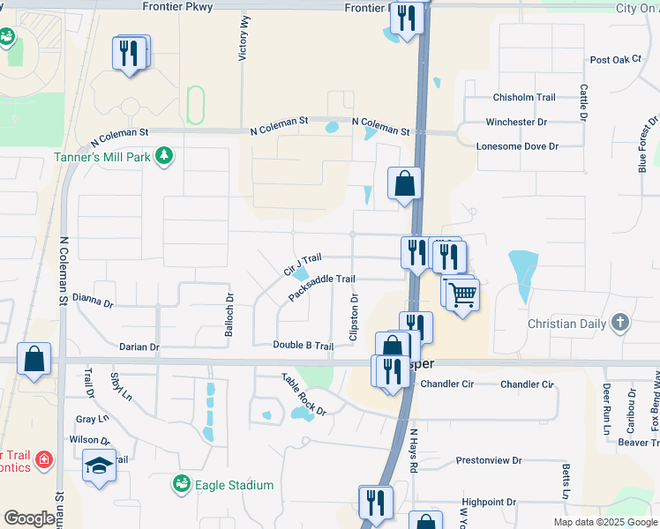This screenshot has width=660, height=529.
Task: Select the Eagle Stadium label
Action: pyautogui.click(x=233, y=484)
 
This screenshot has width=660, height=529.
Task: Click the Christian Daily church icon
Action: pyautogui.click(x=621, y=323)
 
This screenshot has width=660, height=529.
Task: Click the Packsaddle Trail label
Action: pyautogui.click(x=322, y=287)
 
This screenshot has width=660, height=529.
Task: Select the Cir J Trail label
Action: pyautogui.click(x=303, y=263)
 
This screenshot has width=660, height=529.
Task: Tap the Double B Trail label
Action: pyautogui.click(x=303, y=346)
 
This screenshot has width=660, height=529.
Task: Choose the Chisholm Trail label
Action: pyautogui.click(x=524, y=97)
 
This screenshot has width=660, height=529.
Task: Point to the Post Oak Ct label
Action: pyautogui.click(x=615, y=60)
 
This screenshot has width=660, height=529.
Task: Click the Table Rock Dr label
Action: pyautogui.click(x=304, y=393)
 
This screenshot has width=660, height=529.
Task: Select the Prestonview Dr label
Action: pyautogui.click(x=489, y=460)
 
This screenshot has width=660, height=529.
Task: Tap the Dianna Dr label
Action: pyautogui.click(x=93, y=302)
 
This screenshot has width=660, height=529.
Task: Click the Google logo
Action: pyautogui.click(x=29, y=518)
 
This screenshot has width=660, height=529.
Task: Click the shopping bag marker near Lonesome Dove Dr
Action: pyautogui.click(x=404, y=183)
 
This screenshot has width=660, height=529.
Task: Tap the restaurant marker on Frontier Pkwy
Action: pyautogui.click(x=407, y=19)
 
